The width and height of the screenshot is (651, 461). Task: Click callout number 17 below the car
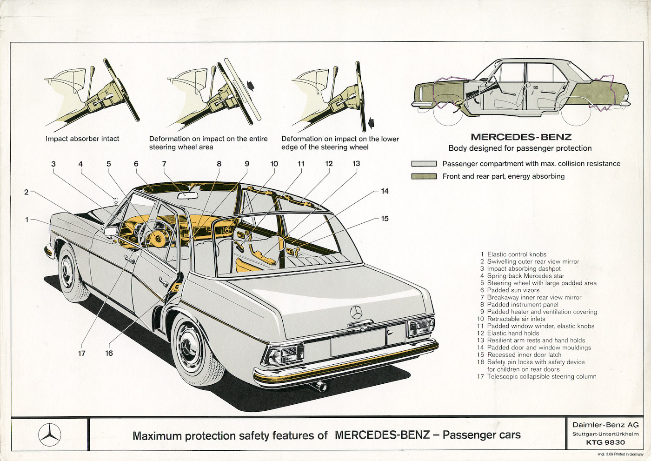point(82,353)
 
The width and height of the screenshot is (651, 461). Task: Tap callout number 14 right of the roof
point(385,191)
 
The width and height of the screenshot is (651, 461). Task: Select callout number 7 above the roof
point(164,164)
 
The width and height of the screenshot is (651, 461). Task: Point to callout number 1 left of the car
point(27,220)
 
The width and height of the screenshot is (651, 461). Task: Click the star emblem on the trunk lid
point(356,312)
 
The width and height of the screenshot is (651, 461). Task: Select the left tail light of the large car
point(283,354)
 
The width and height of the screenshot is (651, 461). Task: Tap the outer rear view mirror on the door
point(111,231)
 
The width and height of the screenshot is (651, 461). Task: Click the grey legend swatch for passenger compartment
point(424,164)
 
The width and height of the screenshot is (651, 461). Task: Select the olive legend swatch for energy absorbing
point(424,176)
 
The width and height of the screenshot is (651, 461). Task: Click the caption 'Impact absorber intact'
point(82,139)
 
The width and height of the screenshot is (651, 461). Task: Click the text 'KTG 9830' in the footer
point(605,442)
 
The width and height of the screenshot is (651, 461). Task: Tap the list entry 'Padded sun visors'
point(513,290)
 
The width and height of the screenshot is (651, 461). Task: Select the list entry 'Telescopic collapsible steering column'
point(541,376)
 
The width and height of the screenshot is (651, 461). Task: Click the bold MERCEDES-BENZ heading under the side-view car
point(521,137)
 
